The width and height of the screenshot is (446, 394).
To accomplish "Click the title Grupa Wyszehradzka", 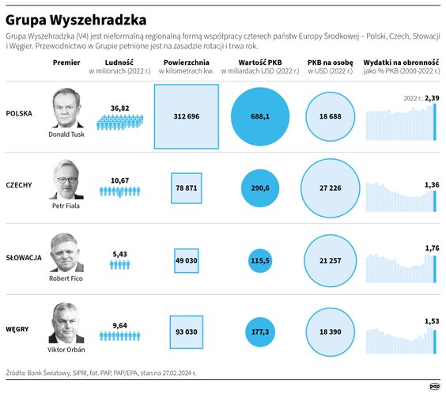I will click(x=74, y=17).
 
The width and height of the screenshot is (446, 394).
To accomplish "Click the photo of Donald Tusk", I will click(x=66, y=108).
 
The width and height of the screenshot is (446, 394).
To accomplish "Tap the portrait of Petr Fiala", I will click(x=66, y=180).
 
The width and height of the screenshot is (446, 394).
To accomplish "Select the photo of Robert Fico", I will click(x=66, y=252).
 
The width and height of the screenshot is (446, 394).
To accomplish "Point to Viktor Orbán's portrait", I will click(x=66, y=323).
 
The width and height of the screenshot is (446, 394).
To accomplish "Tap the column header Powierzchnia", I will click(x=187, y=62).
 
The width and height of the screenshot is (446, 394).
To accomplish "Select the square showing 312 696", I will click(x=187, y=116).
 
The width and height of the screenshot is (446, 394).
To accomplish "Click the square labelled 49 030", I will click(x=187, y=260).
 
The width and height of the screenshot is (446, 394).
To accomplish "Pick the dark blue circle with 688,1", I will click(x=261, y=116).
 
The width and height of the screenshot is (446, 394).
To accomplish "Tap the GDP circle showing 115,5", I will click(x=261, y=260).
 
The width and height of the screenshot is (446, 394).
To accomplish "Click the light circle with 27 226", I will click(x=334, y=188).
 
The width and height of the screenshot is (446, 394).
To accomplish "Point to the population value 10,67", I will click(x=119, y=180).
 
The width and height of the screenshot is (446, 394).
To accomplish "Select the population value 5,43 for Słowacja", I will click(x=119, y=254).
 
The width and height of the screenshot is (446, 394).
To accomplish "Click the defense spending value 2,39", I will click(x=432, y=97).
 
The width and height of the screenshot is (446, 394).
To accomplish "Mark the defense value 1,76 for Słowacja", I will click(x=432, y=248).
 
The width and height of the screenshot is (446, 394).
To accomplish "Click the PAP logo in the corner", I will click(x=434, y=385).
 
